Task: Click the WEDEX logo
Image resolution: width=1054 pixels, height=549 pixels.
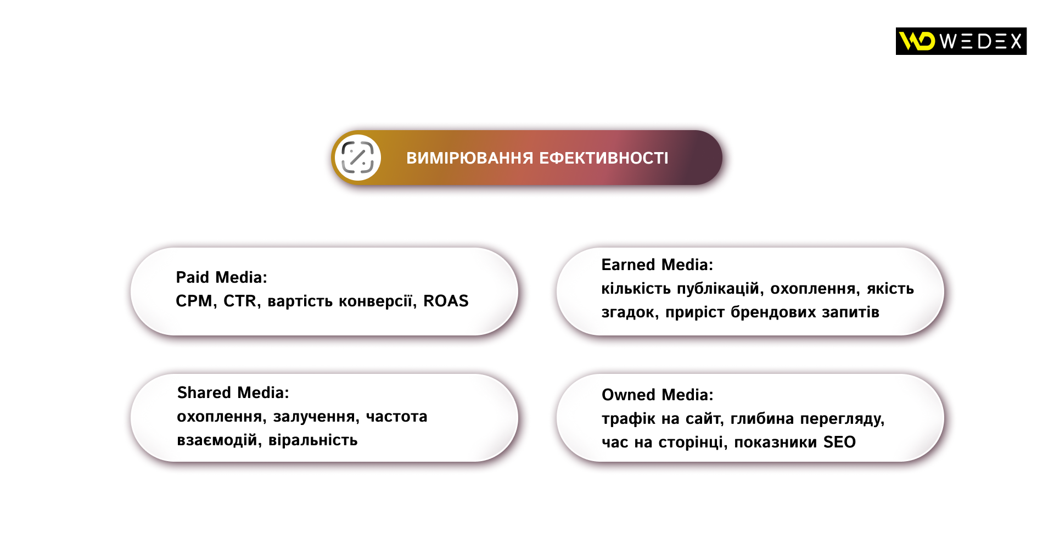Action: [x=961, y=41]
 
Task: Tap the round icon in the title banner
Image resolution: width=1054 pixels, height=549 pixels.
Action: [x=358, y=158]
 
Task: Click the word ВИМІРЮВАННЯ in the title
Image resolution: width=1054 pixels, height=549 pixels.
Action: [x=470, y=158]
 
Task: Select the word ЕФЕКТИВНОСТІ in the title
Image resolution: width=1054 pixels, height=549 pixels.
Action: [x=604, y=158]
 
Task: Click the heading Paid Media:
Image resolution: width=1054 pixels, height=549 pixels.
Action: [x=221, y=277]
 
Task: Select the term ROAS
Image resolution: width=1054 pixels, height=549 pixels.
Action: [x=446, y=301]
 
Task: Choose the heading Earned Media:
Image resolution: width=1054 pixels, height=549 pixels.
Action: [x=657, y=265]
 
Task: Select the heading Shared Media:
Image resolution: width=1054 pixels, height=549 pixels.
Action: [x=233, y=393]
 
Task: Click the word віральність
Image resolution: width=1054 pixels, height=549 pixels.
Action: [x=313, y=440]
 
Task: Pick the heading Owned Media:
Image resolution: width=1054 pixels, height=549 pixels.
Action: [x=658, y=395]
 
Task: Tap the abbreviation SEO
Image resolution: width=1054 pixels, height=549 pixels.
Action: [x=839, y=442]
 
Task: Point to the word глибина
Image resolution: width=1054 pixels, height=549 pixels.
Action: [x=762, y=418]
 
